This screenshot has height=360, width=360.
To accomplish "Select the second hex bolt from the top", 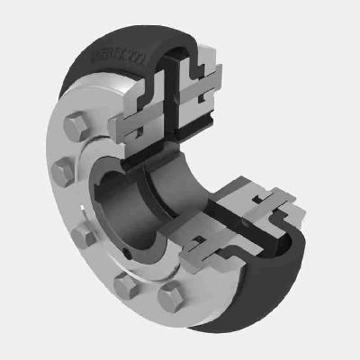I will click(x=61, y=169).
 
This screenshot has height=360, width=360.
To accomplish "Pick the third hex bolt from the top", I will click(x=83, y=236).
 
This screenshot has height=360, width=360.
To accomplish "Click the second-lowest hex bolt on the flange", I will click(x=126, y=287).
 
